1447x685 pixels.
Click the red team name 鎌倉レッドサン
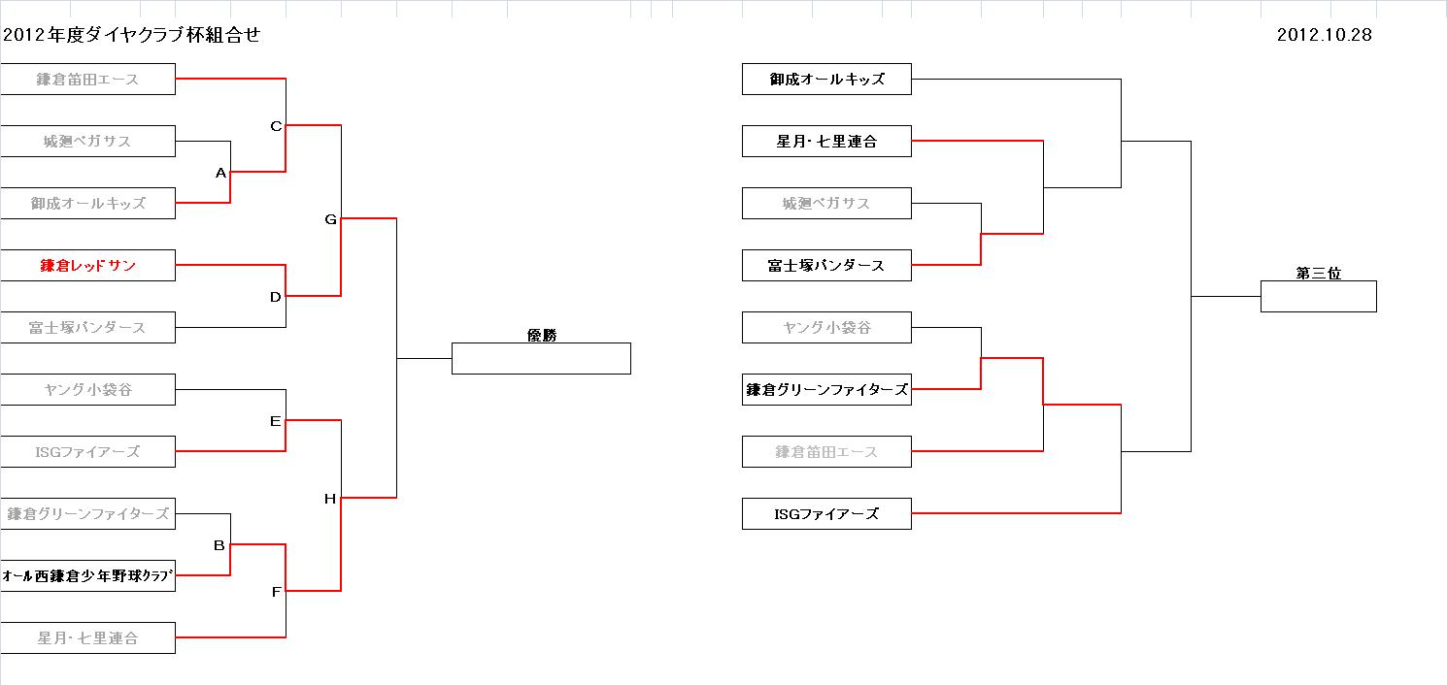(87, 265)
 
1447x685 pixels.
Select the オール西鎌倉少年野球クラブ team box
(87, 575)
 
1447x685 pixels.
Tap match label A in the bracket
(220, 173)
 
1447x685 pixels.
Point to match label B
(219, 545)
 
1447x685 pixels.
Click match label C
(276, 126)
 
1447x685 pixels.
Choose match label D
(275, 297)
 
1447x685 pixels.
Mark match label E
(275, 421)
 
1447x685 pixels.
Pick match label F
(276, 592)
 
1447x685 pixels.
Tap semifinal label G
(330, 219)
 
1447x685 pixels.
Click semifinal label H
(330, 499)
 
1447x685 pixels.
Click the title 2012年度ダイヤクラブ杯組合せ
(132, 35)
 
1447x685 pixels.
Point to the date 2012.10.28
(1324, 35)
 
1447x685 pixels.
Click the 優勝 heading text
(541, 335)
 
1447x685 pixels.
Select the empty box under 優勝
(541, 359)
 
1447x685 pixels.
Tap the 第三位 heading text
(1318, 274)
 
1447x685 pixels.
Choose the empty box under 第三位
(1318, 297)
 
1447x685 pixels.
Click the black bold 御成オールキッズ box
(826, 79)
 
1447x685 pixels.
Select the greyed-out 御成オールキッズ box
(87, 203)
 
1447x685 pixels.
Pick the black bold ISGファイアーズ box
(826, 513)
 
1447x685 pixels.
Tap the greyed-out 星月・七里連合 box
(87, 637)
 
